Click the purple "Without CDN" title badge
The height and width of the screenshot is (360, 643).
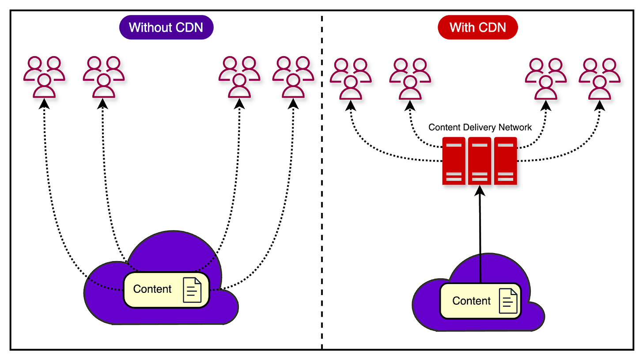pyautogui.click(x=166, y=27)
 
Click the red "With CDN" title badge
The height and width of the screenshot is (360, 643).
pyautogui.click(x=477, y=27)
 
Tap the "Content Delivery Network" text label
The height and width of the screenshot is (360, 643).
pyautogui.click(x=480, y=128)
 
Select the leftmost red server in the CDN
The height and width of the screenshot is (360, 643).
pyautogui.click(x=454, y=161)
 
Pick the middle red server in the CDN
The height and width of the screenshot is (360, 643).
pyautogui.click(x=480, y=161)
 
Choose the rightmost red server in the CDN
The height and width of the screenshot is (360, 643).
pyautogui.click(x=505, y=161)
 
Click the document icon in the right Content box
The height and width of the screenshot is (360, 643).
pyautogui.click(x=508, y=301)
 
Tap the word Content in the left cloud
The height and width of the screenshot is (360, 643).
pyautogui.click(x=152, y=289)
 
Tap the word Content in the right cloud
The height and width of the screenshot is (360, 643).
pyautogui.click(x=471, y=301)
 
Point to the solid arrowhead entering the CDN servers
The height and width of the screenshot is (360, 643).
pyautogui.click(x=480, y=190)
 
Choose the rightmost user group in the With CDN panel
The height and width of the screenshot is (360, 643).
pyautogui.click(x=600, y=79)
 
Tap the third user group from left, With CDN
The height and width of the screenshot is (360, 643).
pyautogui.click(x=546, y=79)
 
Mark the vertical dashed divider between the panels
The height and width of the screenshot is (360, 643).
pyautogui.click(x=321, y=177)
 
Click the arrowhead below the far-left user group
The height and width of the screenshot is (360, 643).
pyautogui.click(x=44, y=104)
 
